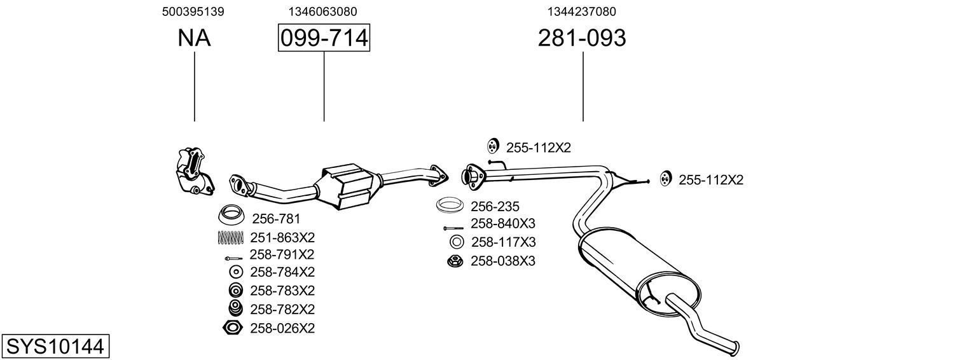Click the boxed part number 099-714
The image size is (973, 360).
(x=324, y=38)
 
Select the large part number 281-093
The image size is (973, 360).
(x=582, y=38)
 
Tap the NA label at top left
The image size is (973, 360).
(x=194, y=38)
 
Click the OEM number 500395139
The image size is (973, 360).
(x=193, y=11)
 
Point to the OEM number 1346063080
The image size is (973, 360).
(x=322, y=11)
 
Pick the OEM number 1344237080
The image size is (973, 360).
(x=581, y=11)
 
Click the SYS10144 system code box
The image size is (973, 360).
(x=55, y=347)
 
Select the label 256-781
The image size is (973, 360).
(x=277, y=219)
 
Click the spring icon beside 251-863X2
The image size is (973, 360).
(x=230, y=238)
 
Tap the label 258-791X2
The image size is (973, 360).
(x=282, y=254)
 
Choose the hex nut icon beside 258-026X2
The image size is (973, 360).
(x=233, y=328)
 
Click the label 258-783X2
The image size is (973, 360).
(x=282, y=291)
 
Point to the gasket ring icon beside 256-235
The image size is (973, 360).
(x=450, y=206)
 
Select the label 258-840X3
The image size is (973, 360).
(x=503, y=223)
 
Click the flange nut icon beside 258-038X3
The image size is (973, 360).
(x=455, y=261)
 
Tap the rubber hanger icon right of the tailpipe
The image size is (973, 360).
(x=665, y=179)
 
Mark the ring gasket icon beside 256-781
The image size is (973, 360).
(x=231, y=215)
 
